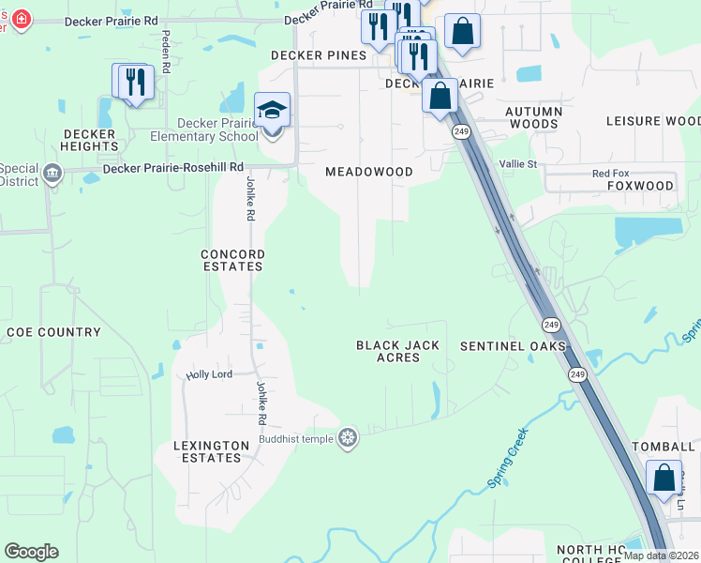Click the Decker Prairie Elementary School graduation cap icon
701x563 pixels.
[x=272, y=111]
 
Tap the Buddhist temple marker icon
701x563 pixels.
[x=348, y=438]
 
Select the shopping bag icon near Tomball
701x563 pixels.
[x=664, y=478]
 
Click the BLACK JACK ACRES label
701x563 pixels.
[x=397, y=352]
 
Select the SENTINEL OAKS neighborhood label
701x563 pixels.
[x=513, y=346]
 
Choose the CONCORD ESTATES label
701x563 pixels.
[x=233, y=261]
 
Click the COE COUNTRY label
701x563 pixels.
[x=53, y=332]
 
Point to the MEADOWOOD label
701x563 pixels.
[x=368, y=172]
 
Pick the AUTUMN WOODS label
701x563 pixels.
[x=533, y=117]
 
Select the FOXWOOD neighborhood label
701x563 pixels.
[x=640, y=186]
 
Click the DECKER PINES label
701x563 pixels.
[x=318, y=55]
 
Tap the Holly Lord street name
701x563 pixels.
[x=208, y=374]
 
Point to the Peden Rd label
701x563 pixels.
[x=165, y=52]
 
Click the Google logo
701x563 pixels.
[x=31, y=552]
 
